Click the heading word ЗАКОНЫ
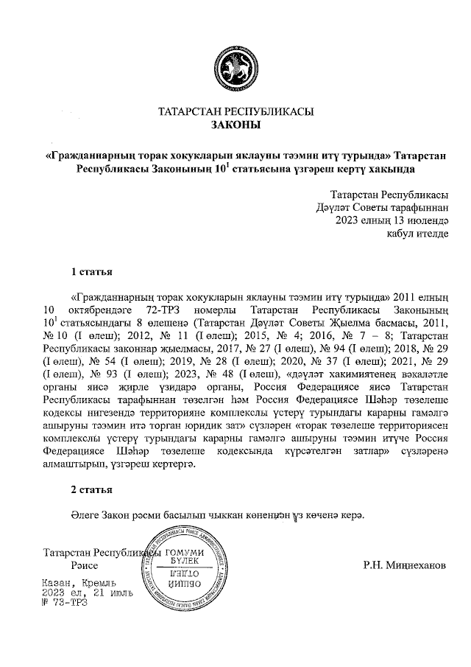[x=235, y=125]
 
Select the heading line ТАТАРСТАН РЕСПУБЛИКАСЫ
[x=235, y=112]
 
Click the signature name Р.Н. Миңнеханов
[x=404, y=565]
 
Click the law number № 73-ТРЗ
[x=65, y=602]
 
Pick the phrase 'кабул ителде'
[x=418, y=233]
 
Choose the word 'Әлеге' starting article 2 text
[x=85, y=515]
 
